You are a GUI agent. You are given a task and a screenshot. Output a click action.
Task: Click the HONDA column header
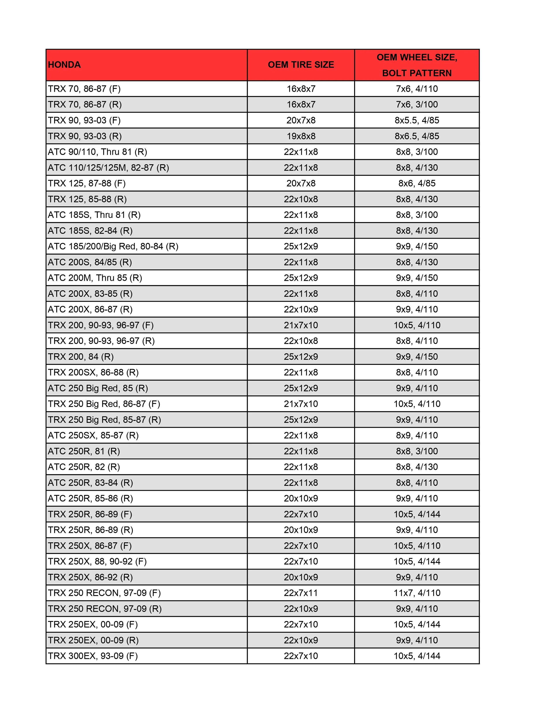[64, 65]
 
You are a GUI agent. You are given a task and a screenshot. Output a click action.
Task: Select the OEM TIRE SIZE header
[301, 65]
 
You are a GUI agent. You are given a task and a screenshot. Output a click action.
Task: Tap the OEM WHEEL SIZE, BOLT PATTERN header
[417, 65]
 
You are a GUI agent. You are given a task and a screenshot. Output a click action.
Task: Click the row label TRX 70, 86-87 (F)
[84, 89]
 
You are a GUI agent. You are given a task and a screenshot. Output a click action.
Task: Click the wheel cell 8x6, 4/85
[417, 184]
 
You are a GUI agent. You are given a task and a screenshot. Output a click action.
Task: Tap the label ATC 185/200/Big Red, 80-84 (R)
[113, 246]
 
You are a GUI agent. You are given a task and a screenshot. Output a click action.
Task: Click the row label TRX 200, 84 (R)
[81, 357]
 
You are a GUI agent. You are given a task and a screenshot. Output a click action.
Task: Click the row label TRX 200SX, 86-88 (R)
[93, 373]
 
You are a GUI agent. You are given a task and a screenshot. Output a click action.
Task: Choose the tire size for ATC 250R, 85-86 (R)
[301, 499]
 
